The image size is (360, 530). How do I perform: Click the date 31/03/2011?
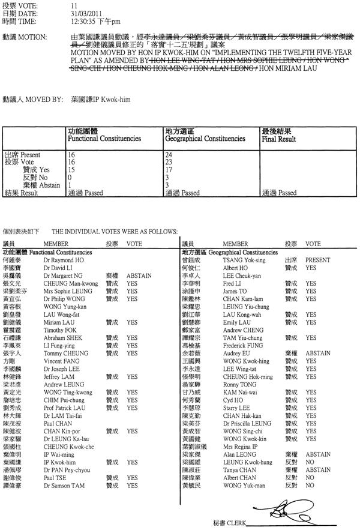coord(82,13)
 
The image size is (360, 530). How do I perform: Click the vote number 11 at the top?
coord(73,5)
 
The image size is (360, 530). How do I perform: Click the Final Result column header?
coord(279,139)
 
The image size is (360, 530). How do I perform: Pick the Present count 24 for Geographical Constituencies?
coord(169,154)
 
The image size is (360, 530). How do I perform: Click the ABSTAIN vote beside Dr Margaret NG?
coord(139,275)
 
